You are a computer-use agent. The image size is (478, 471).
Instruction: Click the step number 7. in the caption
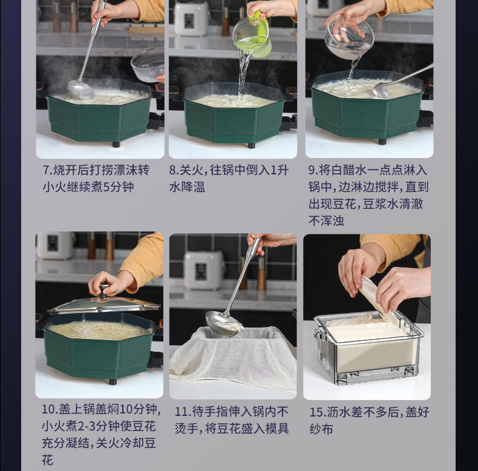coord(48,170)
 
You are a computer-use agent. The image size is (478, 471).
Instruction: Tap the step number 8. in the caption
coord(174,170)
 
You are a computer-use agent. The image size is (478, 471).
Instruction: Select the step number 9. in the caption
coord(313,170)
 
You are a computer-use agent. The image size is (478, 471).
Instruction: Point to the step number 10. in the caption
coord(50,409)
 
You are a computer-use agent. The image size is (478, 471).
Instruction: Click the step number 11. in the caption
coord(183,412)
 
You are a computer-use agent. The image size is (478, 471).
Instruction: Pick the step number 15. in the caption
coord(318,412)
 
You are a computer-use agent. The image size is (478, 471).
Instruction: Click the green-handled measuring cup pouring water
coord(252,36)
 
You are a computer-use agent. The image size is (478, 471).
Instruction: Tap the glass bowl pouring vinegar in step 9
coord(349,36)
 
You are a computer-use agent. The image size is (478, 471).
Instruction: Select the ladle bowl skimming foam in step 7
coord(81,90)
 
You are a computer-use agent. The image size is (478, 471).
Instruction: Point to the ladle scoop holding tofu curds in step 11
coord(223,324)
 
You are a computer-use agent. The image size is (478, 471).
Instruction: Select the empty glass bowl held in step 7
coord(148,65)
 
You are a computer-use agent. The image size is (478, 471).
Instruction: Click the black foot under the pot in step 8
coord(252,145)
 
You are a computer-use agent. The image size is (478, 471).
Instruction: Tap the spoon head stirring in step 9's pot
coord(379,91)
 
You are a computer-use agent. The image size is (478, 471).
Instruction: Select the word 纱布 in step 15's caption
coord(321,429)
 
